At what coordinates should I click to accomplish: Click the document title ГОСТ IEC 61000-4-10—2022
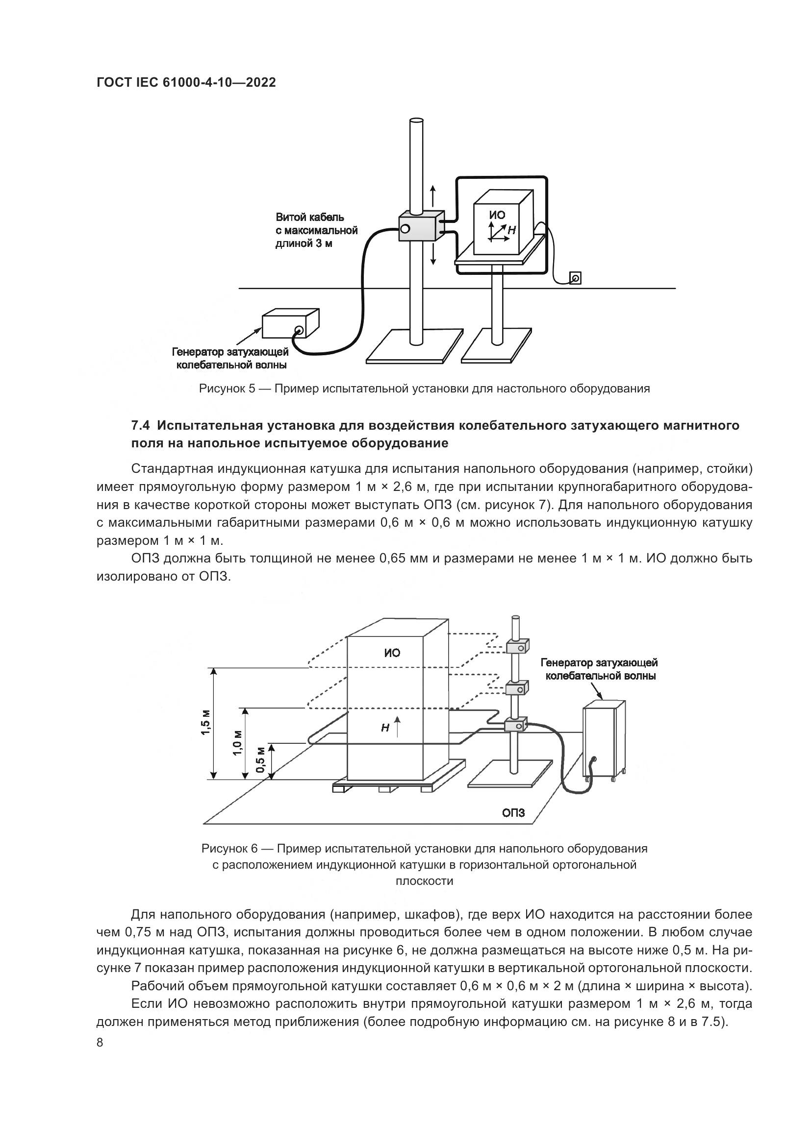(186, 83)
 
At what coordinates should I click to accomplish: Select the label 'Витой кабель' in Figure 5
(309, 217)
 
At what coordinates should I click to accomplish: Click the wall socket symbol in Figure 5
(575, 278)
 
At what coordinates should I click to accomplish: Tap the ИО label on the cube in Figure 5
(497, 215)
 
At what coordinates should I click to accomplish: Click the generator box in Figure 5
(291, 324)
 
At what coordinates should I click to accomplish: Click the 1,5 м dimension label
(205, 723)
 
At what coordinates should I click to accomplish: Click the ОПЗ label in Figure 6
(513, 812)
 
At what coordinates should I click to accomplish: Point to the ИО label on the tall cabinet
(393, 653)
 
